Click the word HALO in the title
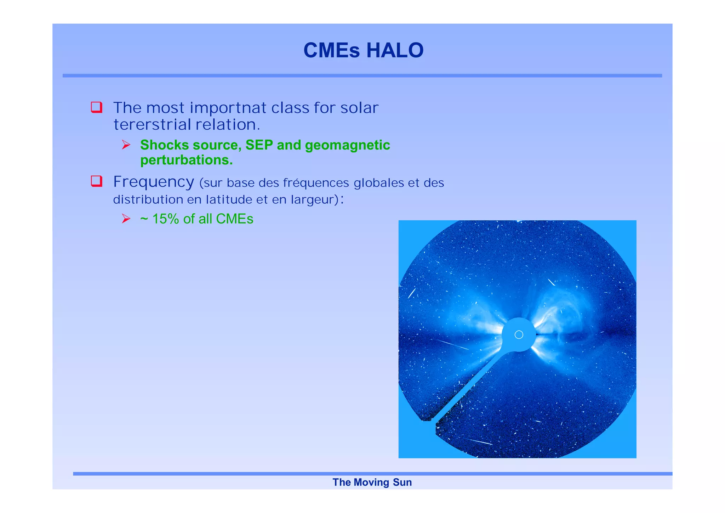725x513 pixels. (395, 50)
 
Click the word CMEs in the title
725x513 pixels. (331, 50)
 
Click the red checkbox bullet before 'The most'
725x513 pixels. (97, 107)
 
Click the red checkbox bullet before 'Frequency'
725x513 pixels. (97, 181)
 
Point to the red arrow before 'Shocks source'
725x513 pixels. (126, 145)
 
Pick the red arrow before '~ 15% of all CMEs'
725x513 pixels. (126, 219)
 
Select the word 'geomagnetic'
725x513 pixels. (347, 145)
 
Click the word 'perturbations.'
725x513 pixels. (187, 160)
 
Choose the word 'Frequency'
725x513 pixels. (154, 182)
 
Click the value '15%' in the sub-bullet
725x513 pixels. (166, 219)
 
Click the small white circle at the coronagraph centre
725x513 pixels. (519, 334)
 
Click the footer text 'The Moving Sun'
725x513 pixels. (372, 482)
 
